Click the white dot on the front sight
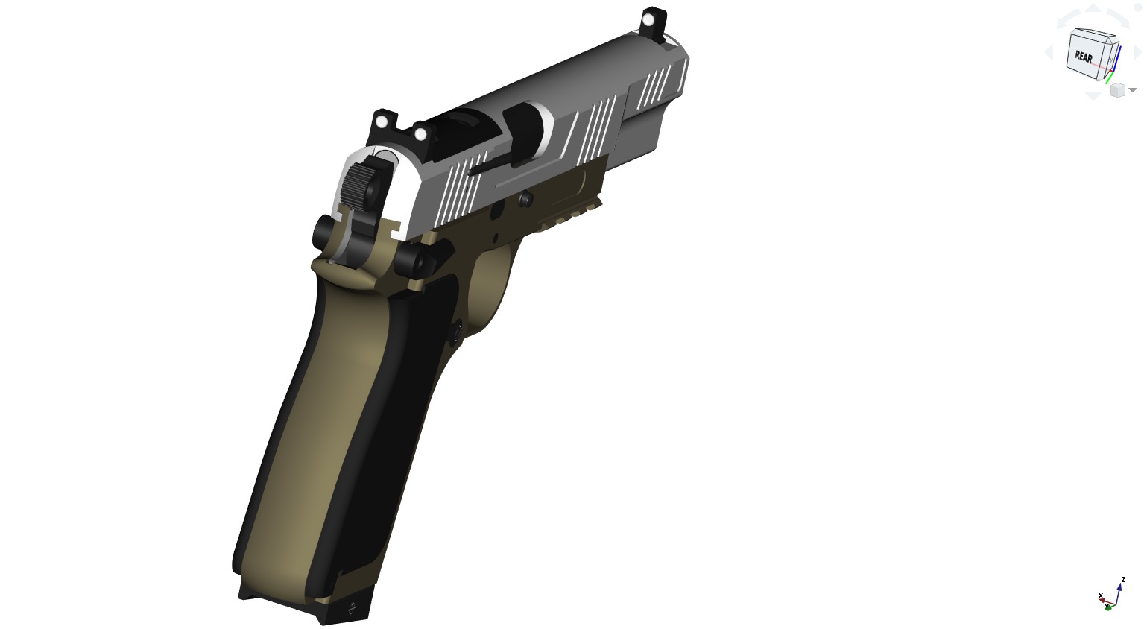coord(648,18)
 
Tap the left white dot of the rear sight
coord(382,121)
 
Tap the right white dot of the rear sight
coord(420,134)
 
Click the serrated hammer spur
coord(358,187)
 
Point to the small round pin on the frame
coord(525,198)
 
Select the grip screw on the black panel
coord(458,329)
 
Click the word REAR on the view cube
coord(1084,57)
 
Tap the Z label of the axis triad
coord(1123,579)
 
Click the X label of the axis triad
coord(1101,595)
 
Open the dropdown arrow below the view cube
coord(1133,90)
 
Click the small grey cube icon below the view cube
coord(1117,90)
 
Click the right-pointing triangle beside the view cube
coord(1138,52)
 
